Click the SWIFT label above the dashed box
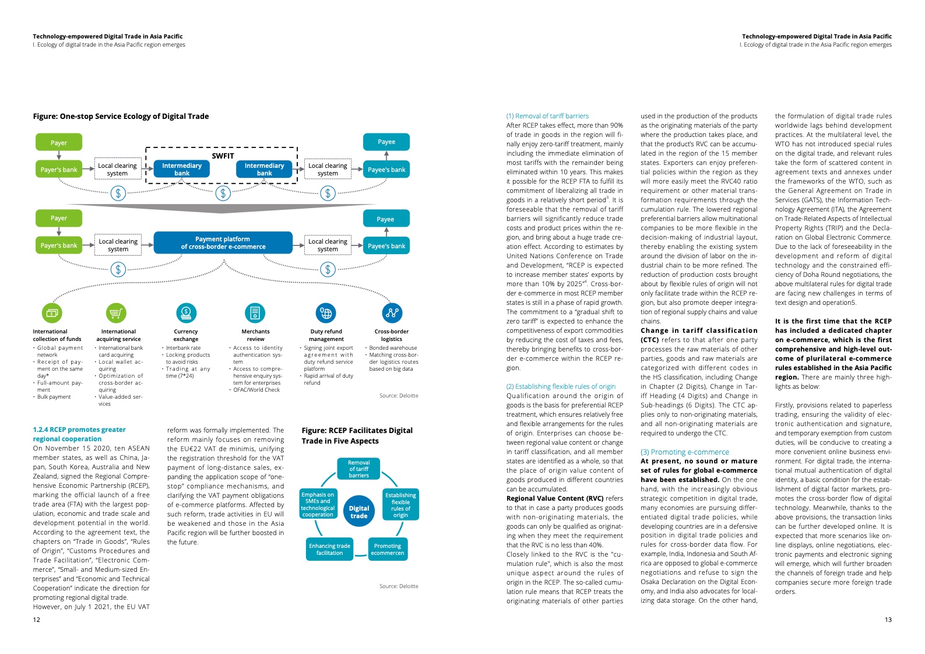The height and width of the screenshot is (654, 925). pos(223,156)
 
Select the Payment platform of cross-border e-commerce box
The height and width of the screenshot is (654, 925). pos(223,243)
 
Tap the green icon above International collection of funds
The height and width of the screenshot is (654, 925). pos(52,313)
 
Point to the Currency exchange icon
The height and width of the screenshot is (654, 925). pos(186,313)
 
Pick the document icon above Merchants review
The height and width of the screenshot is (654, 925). pos(255,313)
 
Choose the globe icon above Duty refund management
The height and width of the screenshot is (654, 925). pos(326,313)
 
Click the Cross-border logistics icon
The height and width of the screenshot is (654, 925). pos(392,313)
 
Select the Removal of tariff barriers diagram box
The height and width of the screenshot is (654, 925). pos(358,469)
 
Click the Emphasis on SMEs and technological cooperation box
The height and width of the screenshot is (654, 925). pos(318,504)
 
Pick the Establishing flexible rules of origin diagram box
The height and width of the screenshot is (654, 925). pos(400,505)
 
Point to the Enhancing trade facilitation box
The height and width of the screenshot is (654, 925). pos(329,549)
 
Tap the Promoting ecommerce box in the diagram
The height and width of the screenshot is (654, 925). pos(387,549)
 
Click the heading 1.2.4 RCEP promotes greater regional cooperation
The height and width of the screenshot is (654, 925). pos(79,434)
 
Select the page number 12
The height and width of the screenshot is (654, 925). pos(37,620)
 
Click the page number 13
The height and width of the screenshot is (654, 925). pos(888,620)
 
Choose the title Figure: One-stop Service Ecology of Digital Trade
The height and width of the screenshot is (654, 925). pos(121,116)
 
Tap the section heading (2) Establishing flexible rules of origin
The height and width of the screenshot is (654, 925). pos(561,386)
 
